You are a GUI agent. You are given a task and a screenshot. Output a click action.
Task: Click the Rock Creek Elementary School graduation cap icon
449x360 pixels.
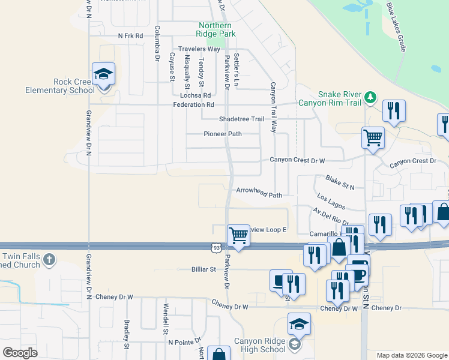point(104,74)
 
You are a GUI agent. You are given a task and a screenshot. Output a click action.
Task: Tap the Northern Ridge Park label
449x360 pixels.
point(215,29)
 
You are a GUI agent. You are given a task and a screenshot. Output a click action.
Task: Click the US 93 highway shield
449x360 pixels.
point(216,247)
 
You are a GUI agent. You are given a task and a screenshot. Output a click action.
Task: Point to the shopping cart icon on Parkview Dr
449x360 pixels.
point(238,235)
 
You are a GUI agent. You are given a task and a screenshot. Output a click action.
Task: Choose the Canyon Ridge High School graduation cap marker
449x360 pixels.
point(298,324)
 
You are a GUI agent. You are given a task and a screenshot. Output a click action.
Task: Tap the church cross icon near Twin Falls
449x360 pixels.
point(49,260)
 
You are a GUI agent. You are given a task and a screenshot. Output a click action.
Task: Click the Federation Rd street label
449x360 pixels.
point(193,104)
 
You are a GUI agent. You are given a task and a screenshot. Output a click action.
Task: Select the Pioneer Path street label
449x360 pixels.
point(222,134)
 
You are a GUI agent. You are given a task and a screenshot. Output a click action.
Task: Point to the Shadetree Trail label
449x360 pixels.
point(241,119)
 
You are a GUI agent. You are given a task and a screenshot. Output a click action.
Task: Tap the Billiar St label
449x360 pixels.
point(203,269)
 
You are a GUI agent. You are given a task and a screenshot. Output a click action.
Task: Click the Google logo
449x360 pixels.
point(20,352)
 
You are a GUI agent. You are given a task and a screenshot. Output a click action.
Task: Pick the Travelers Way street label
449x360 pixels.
point(199,49)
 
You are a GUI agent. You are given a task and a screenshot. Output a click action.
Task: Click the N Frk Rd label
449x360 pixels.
point(131,36)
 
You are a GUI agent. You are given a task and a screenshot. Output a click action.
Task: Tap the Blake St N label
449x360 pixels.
point(340,183)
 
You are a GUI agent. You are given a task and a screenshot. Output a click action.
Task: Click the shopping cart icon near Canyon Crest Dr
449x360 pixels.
point(373,138)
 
